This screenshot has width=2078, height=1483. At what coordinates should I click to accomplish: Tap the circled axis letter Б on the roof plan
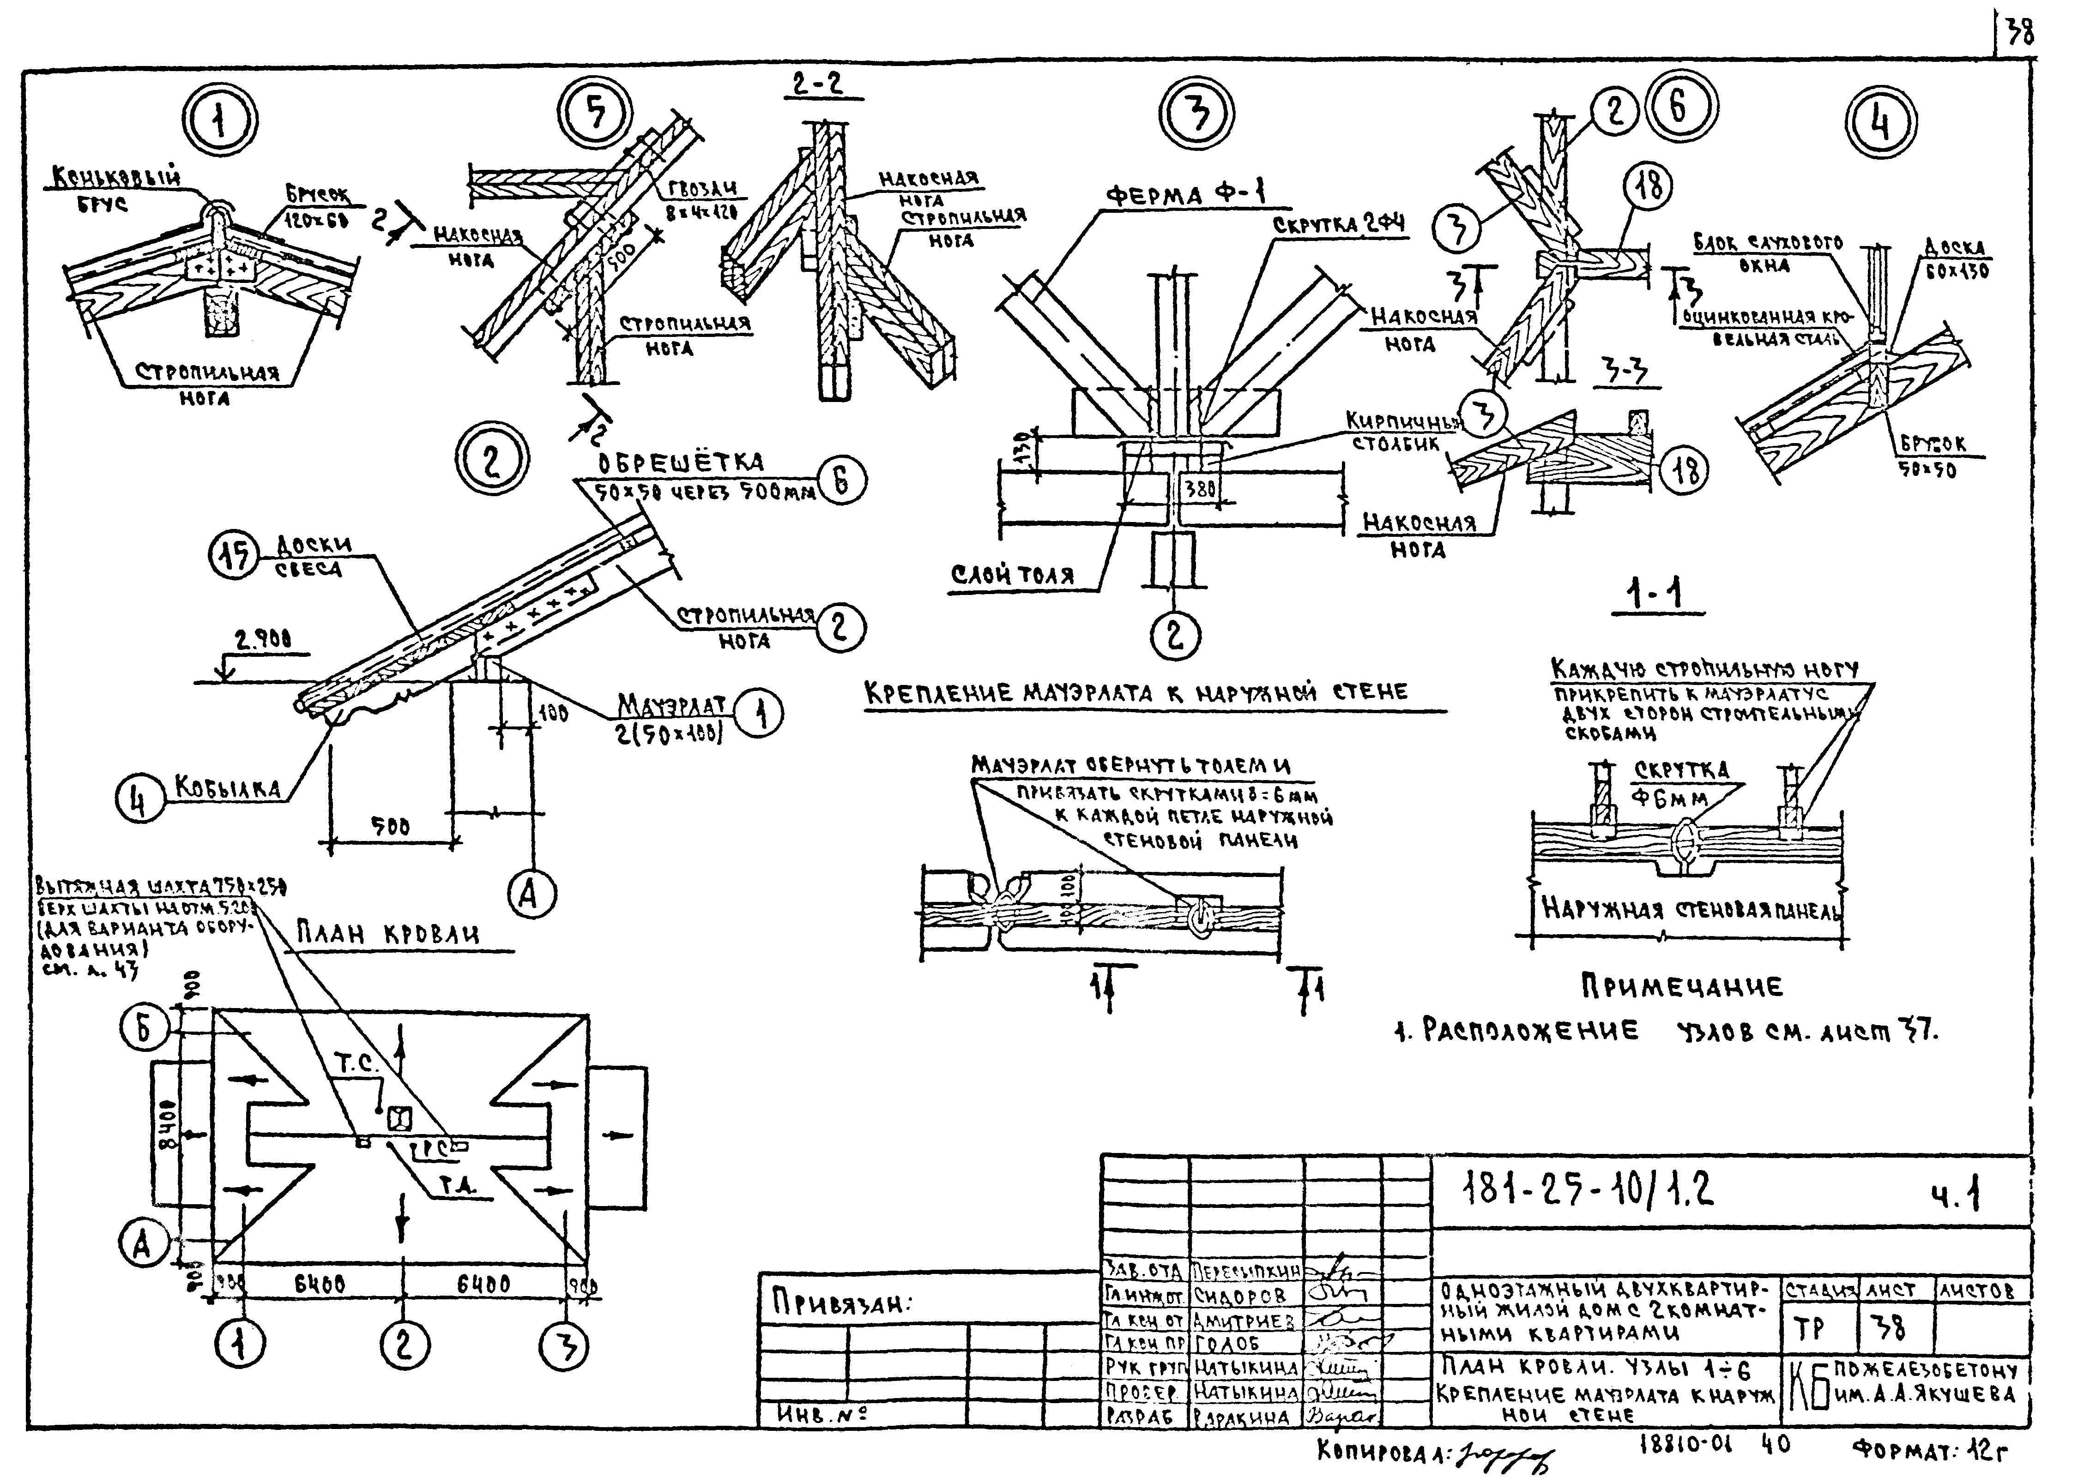coord(144,1029)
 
